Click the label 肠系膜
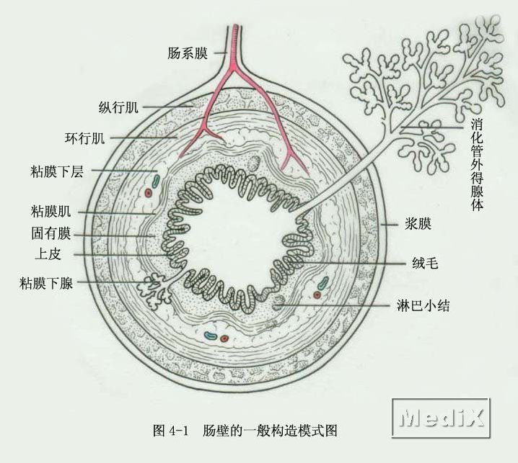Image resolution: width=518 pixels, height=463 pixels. [x=188, y=53]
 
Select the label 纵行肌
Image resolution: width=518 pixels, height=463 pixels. [x=118, y=107]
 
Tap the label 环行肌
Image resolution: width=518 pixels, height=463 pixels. [x=85, y=138]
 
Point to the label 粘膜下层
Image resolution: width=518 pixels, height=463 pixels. [x=57, y=171]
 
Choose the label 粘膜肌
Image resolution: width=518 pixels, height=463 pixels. [x=51, y=211]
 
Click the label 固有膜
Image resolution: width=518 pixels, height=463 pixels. [x=51, y=233]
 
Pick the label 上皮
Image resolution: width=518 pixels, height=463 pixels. [x=48, y=254]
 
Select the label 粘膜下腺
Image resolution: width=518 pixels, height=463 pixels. [x=46, y=283]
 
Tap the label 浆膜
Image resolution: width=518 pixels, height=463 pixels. [x=418, y=224]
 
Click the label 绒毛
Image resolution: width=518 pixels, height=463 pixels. [x=425, y=263]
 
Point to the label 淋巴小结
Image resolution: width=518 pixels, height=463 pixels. [x=423, y=306]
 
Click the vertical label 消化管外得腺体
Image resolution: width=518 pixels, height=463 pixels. [x=477, y=165]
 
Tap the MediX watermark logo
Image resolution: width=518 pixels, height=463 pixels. [x=442, y=418]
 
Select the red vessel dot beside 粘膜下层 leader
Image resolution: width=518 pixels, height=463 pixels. [x=149, y=192]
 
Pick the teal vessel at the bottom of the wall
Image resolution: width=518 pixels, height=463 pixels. [x=210, y=336]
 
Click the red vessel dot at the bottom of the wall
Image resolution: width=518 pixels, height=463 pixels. [x=224, y=338]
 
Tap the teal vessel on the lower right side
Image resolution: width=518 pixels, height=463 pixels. [x=323, y=282]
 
